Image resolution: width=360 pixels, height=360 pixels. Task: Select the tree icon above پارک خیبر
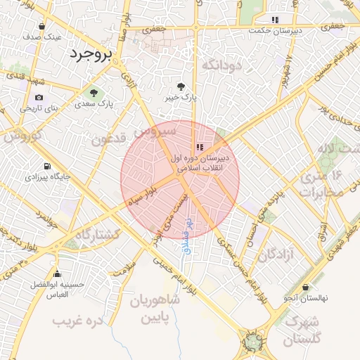[181, 86]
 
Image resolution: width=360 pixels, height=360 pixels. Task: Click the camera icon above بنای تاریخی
[38, 97]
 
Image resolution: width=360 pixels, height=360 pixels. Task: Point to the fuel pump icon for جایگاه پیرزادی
[47, 167]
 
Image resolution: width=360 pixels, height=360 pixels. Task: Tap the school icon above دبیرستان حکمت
[275, 20]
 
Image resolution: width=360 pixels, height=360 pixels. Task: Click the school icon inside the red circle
[200, 147]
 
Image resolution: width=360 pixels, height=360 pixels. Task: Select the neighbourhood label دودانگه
[222, 64]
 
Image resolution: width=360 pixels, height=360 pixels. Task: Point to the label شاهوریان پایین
[155, 309]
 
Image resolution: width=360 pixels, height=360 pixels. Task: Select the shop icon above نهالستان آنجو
[305, 287]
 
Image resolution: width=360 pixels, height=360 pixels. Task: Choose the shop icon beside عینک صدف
[42, 27]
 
